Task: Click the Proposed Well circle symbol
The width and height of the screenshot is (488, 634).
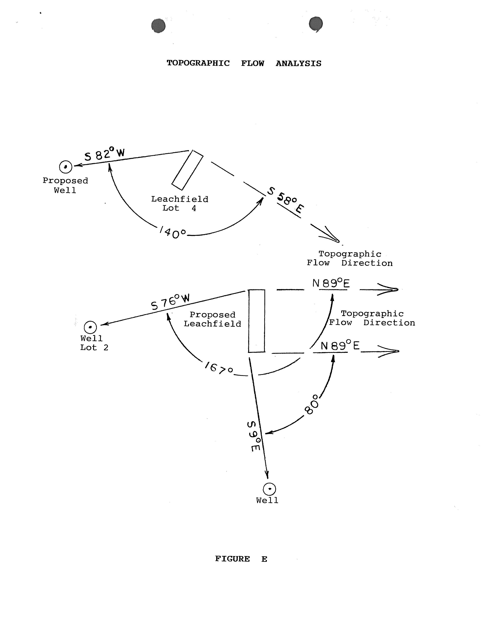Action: tap(66, 167)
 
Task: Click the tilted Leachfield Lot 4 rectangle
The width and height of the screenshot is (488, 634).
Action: tap(187, 170)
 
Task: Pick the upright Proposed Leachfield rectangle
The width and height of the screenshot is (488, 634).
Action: tap(257, 321)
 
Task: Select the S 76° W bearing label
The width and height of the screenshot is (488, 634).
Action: tap(170, 302)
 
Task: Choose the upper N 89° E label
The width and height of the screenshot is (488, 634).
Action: tap(331, 283)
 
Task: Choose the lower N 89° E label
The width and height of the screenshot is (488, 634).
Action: tap(340, 346)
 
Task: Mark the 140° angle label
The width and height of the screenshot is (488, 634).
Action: tap(173, 233)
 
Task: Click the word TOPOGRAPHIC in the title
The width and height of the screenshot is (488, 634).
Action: tap(198, 63)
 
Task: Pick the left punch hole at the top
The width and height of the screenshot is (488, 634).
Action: tap(159, 26)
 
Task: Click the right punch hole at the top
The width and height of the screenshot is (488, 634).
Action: tap(316, 24)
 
